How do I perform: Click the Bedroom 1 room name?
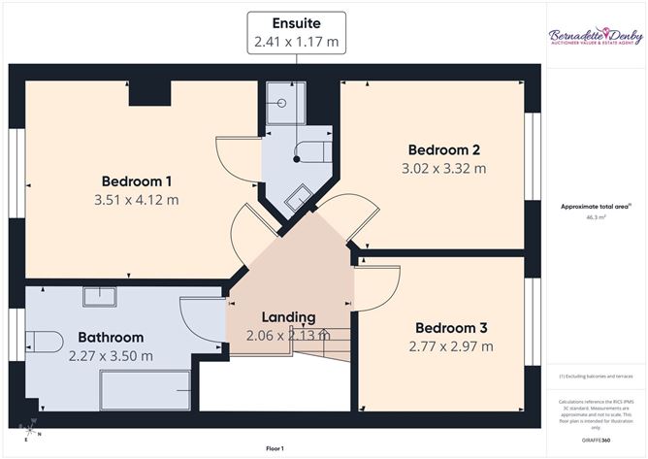point(137,180)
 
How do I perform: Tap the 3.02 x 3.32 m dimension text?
point(444,168)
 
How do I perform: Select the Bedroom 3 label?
point(452,327)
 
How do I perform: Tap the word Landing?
point(288,317)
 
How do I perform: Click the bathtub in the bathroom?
point(146,388)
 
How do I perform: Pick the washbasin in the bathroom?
point(99,296)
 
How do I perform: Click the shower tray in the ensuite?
point(285,103)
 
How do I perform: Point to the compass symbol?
point(33,428)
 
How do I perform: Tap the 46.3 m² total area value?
point(596,218)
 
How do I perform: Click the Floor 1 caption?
point(275,449)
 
